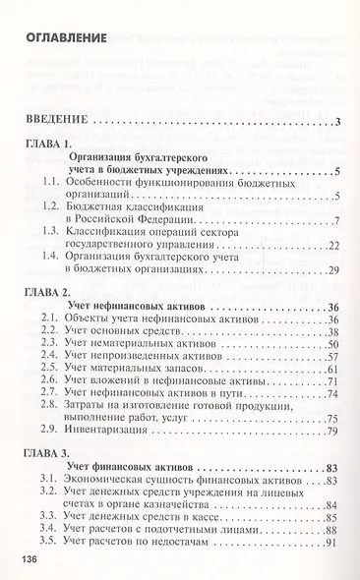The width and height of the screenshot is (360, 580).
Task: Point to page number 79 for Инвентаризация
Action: click(x=332, y=431)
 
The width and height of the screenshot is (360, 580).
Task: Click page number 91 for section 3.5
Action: click(x=332, y=543)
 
